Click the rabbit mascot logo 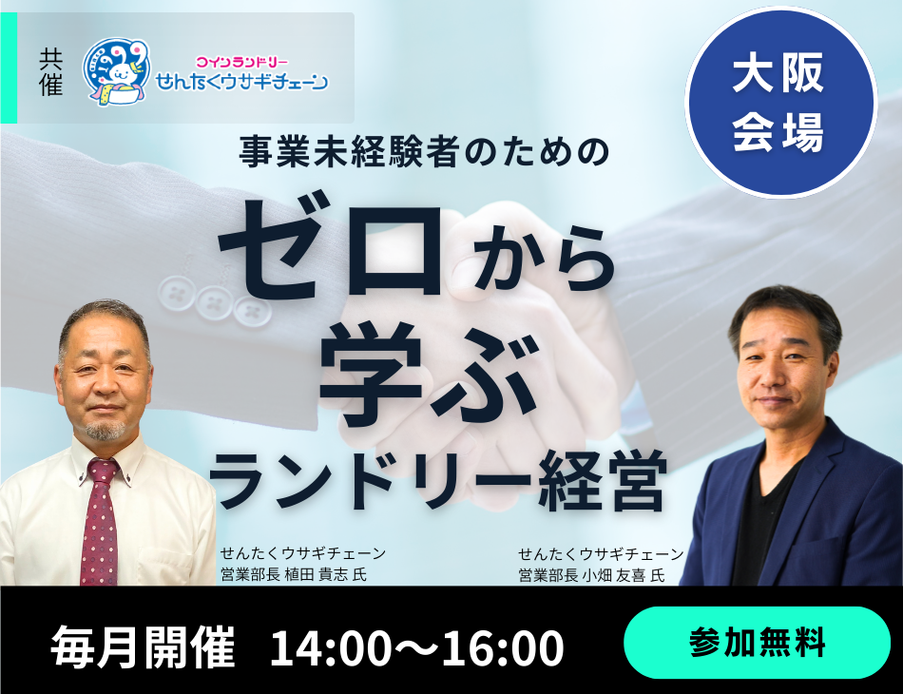point(117,72)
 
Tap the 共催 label point(50,71)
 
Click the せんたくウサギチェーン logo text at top point(241,82)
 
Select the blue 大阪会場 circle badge point(780,103)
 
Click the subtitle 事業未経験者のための point(425,152)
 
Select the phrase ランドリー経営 point(438,480)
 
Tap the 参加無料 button point(757,642)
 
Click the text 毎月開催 point(144,646)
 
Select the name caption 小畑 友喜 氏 point(624,575)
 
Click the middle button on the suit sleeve point(214,299)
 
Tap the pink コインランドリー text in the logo point(241,61)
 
